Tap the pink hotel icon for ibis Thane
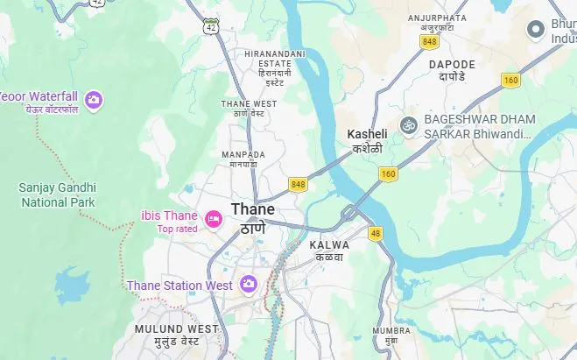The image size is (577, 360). pos(212,217)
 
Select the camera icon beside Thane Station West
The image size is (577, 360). pos(249,284)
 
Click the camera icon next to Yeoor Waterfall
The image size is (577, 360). pos(93,100)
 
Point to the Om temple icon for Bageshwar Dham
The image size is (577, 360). pos(407,126)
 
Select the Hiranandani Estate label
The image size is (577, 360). pos(275,67)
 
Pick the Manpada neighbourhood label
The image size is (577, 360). pos(243,159)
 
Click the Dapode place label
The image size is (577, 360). pos(452,70)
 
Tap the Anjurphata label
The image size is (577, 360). pos(438,23)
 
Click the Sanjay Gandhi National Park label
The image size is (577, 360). pos(58,194)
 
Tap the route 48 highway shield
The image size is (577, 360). pos(376,233)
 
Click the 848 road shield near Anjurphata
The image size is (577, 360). pos(429,42)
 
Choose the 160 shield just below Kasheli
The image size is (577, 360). pos(389,174)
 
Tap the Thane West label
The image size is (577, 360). pos(249,108)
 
